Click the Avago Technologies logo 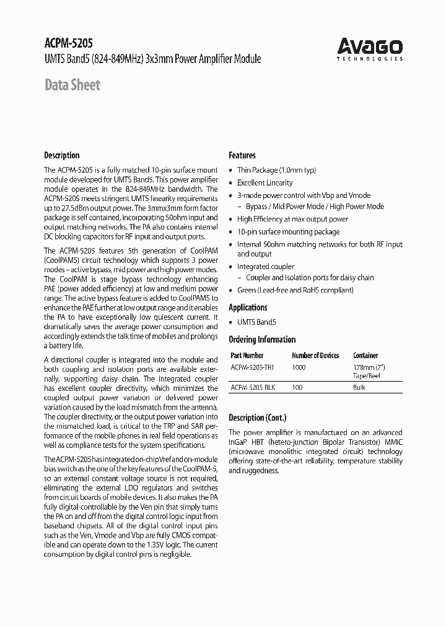370,48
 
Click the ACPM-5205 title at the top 69,45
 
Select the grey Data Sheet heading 72,85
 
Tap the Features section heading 242,155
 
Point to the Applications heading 248,307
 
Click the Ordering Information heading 262,340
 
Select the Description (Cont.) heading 257,418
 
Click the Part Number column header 247,356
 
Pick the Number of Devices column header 315,356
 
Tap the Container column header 365,356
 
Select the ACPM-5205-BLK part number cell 253,387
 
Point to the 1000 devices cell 299,367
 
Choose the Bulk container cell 359,387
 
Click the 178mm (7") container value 368,367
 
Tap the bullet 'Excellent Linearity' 265,183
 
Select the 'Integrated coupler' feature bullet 266,267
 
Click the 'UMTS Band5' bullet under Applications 256,322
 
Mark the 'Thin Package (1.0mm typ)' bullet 276,170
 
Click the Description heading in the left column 61,155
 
